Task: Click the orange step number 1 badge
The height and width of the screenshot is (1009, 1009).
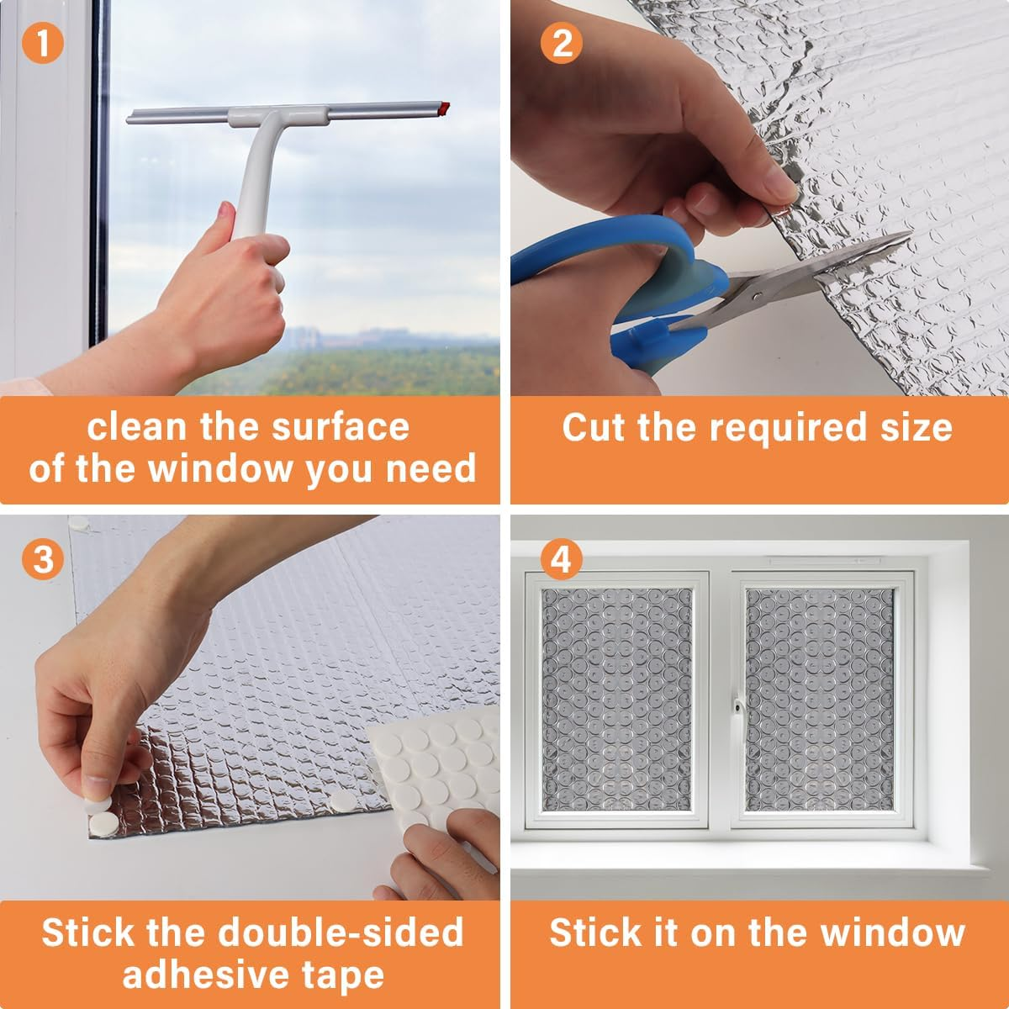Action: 43,43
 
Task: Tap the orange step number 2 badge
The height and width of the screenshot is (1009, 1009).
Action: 562,43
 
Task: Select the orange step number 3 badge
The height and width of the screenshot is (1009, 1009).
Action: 43,558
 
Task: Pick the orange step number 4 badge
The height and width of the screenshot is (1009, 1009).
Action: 561,558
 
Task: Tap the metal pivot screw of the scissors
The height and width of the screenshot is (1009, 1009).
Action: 758,297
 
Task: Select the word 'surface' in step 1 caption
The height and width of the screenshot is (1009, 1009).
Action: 341,427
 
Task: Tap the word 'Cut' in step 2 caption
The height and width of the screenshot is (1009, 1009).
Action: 594,427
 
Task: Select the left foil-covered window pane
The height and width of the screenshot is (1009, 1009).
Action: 617,700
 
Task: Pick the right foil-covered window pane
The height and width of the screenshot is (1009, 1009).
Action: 820,700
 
